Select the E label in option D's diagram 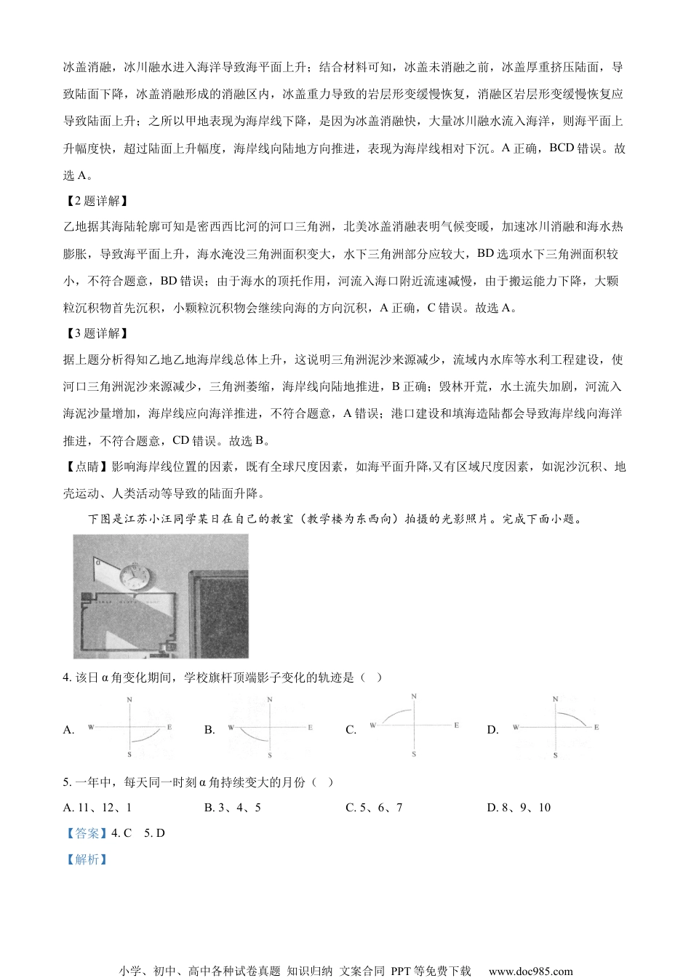(596, 727)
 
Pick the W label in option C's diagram (372, 725)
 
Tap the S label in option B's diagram (270, 755)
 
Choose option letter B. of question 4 (209, 730)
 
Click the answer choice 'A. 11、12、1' (97, 808)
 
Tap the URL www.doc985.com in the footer (530, 971)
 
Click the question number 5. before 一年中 (68, 782)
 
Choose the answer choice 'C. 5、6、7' (374, 808)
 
